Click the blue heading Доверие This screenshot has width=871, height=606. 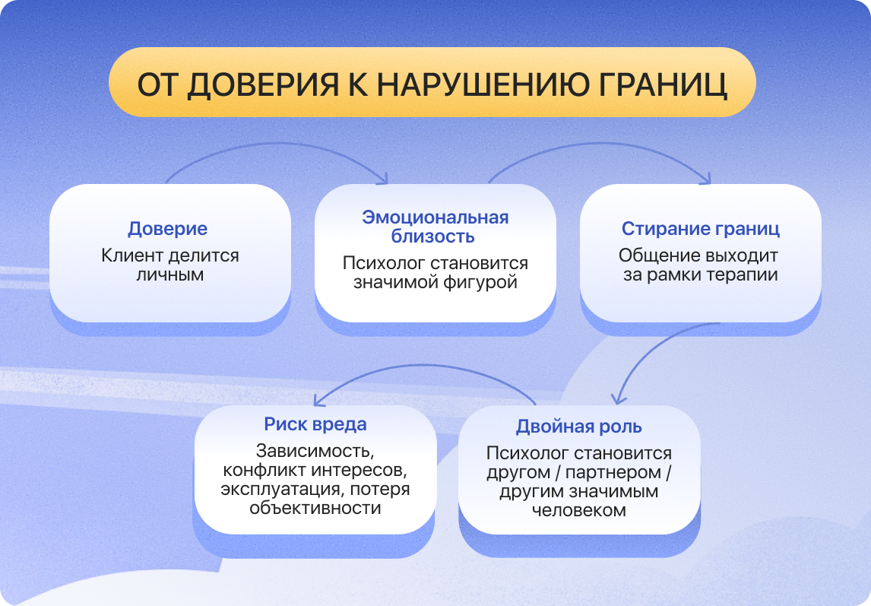[x=168, y=229]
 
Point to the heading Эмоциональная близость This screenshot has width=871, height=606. [x=435, y=227]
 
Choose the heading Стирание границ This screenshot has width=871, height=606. [x=701, y=229]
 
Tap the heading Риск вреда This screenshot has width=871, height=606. [x=315, y=424]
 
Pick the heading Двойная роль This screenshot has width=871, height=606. [x=579, y=427]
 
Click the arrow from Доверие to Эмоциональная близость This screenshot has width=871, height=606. [x=277, y=144]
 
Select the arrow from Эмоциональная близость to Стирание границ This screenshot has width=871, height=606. [x=600, y=144]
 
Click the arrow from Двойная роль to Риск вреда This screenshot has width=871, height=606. [x=425, y=366]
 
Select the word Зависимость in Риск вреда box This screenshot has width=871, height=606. [x=315, y=450]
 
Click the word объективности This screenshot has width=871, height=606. [x=315, y=508]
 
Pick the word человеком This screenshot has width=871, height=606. [x=579, y=510]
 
